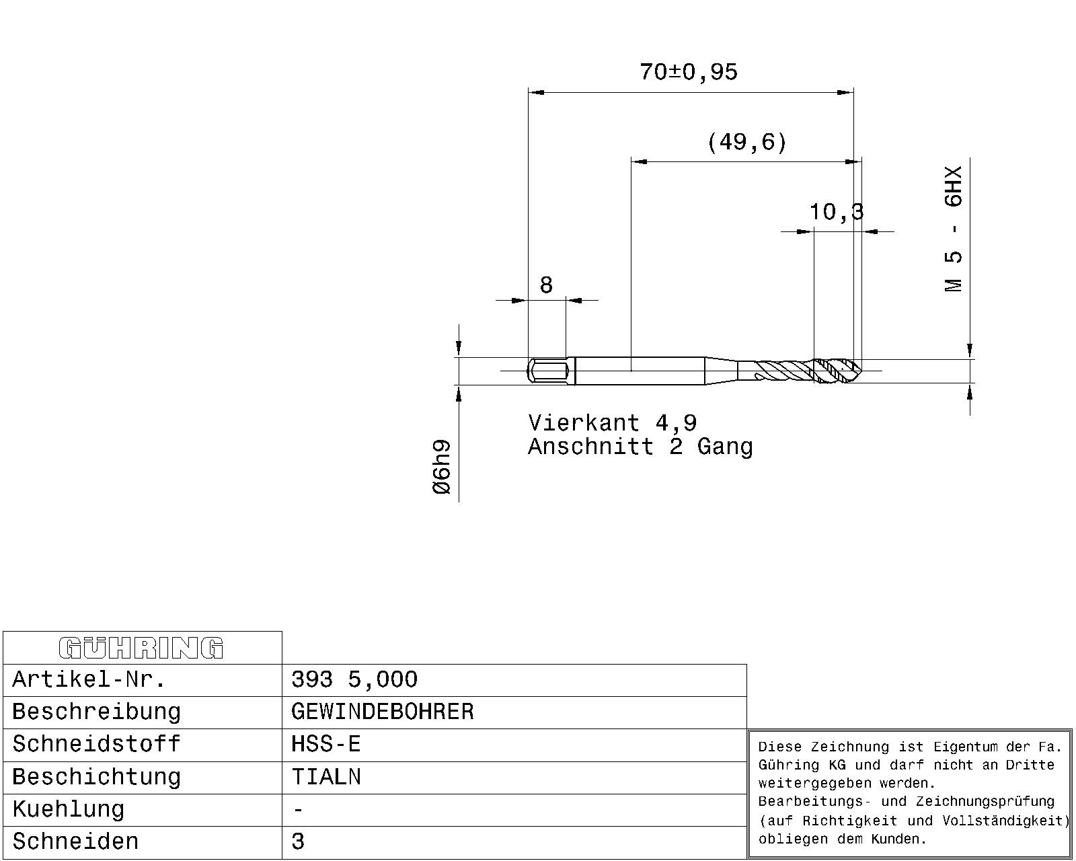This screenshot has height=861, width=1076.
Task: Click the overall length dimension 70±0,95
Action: point(689,72)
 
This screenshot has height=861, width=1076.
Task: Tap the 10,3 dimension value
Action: point(837,212)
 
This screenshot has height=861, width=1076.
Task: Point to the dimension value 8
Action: point(546,285)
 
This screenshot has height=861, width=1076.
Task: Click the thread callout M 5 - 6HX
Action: point(953,229)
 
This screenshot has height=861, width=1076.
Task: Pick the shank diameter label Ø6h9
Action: point(442,467)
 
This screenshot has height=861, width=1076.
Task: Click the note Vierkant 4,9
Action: point(613,423)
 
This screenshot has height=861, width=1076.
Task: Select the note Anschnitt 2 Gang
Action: point(640,446)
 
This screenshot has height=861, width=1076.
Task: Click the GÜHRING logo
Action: point(141,648)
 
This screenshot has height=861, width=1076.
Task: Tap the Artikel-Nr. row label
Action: point(89,679)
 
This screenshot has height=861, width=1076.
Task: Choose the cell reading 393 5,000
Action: point(354,679)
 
